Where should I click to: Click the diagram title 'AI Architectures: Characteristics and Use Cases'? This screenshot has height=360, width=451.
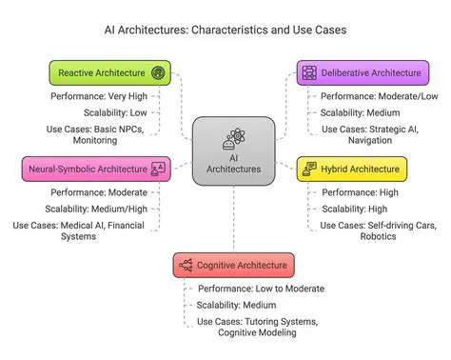pos(225,30)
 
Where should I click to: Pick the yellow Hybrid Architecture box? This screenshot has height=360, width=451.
pos(351,169)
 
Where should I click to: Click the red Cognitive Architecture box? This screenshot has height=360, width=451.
pos(235,264)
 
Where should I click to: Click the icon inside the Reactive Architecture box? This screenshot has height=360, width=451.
pos(158,72)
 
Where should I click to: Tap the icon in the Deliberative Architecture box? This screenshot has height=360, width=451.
pos(307,72)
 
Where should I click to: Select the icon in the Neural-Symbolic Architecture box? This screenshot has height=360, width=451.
pos(158,169)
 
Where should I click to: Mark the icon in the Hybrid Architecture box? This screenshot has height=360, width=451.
pos(309,169)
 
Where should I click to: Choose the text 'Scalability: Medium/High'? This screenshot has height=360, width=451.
pos(98,209)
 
